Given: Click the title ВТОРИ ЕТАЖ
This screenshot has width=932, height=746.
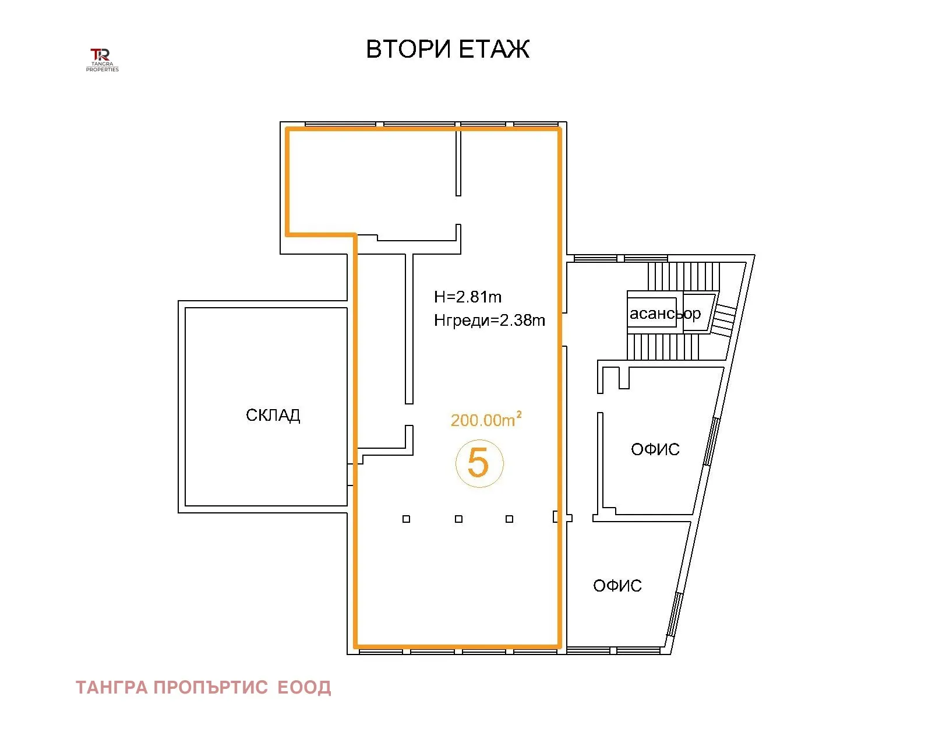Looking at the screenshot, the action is pyautogui.click(x=447, y=49).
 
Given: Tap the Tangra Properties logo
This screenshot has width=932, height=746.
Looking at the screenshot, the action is pyautogui.click(x=102, y=60).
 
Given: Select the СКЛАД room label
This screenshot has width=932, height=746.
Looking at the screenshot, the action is pyautogui.click(x=273, y=416).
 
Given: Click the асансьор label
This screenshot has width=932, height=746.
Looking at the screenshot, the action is pyautogui.click(x=665, y=313).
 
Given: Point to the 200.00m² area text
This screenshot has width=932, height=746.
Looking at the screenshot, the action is pyautogui.click(x=486, y=419).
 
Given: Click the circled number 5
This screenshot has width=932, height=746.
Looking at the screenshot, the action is pyautogui.click(x=479, y=463).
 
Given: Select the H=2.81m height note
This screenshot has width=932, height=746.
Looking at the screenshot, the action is pyautogui.click(x=468, y=297).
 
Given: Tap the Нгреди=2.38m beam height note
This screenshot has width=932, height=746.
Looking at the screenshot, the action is pyautogui.click(x=489, y=321).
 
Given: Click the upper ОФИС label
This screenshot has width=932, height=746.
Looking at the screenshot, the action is pyautogui.click(x=655, y=449).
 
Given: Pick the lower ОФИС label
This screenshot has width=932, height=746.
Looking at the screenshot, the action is pyautogui.click(x=617, y=586).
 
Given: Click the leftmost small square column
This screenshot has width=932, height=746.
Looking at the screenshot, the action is pyautogui.click(x=406, y=519).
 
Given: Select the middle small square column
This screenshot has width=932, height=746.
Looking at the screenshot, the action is pyautogui.click(x=458, y=519).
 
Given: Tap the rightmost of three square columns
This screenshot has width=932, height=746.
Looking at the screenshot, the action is pyautogui.click(x=509, y=519).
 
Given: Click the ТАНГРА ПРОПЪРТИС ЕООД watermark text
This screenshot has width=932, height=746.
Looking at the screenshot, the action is pyautogui.click(x=203, y=688).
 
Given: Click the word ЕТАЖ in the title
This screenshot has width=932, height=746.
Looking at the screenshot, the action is pyautogui.click(x=494, y=49).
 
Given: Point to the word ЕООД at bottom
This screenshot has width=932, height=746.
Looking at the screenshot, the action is pyautogui.click(x=304, y=688).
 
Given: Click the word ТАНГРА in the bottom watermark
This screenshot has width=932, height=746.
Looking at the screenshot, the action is pyautogui.click(x=112, y=688).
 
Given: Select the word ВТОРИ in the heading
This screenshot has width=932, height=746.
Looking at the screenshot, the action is pyautogui.click(x=408, y=49).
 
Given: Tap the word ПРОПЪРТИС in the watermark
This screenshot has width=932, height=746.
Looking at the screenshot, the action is pyautogui.click(x=211, y=688).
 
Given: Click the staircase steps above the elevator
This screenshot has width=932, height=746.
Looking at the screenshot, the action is pyautogui.click(x=683, y=276).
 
